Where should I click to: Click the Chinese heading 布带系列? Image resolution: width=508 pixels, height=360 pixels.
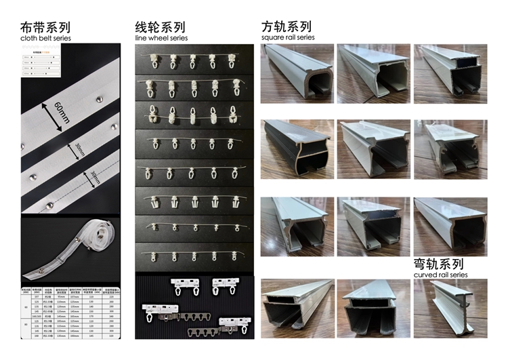point(45,28)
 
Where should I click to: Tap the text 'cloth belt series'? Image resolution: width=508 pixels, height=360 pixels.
point(45,39)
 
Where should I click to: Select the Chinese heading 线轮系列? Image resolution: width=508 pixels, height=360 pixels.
point(160,28)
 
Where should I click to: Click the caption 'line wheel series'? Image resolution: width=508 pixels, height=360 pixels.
point(160,39)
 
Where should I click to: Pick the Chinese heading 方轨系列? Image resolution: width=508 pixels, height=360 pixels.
point(287,27)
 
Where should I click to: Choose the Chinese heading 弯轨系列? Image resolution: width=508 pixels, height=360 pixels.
point(438,264)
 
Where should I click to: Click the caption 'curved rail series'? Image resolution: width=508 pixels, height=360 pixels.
point(440,275)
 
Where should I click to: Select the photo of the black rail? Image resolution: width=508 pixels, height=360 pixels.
point(297,150)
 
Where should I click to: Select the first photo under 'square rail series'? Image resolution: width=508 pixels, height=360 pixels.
point(297,73)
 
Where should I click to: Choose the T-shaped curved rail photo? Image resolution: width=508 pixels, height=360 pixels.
point(449,308)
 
